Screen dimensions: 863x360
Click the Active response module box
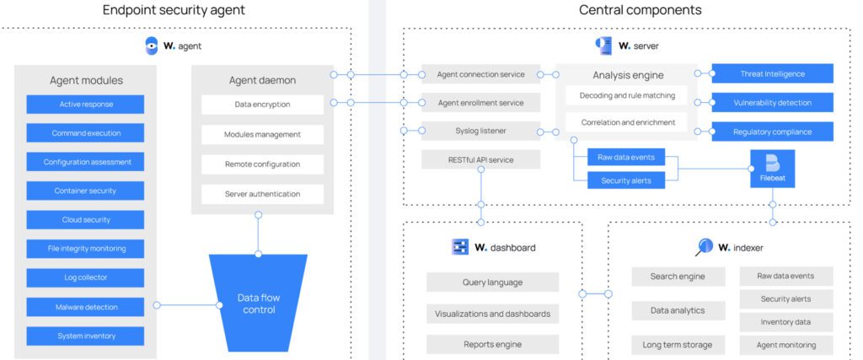85,104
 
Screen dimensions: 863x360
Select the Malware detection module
85,307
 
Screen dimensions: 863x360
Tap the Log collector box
85,278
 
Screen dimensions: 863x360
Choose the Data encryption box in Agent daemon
263,105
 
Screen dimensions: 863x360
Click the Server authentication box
263,194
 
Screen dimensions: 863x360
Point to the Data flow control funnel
259,303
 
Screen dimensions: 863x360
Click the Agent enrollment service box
481,102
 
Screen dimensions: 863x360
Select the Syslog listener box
481,131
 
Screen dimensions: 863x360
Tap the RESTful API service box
481,159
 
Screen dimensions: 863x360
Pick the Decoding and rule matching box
627,95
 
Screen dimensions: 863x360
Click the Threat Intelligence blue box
772,73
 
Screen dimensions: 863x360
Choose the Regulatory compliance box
772,132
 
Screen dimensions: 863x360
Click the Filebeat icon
773,169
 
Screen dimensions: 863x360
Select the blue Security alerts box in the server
626,180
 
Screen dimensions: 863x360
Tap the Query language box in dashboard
492,282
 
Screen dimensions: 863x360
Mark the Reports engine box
492,344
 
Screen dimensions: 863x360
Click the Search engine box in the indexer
678,277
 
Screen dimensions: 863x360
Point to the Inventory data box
786,322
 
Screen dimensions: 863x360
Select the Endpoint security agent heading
174,10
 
